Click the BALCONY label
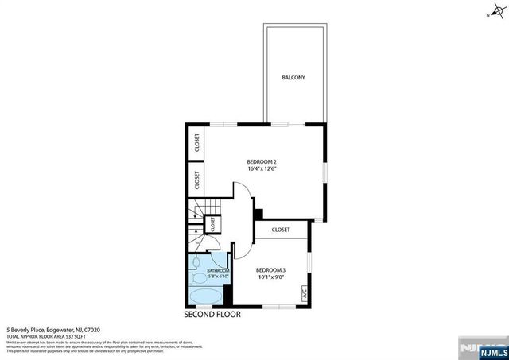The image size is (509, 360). pyautogui.click(x=293, y=78)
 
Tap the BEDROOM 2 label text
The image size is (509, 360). pyautogui.click(x=262, y=161)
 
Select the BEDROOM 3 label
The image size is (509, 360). pyautogui.click(x=271, y=270)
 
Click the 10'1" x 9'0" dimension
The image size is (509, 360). pyautogui.click(x=271, y=277)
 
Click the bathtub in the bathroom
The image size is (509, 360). pyautogui.click(x=207, y=298)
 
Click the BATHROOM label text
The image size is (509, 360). pyautogui.click(x=218, y=271)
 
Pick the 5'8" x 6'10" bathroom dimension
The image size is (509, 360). pyautogui.click(x=218, y=277)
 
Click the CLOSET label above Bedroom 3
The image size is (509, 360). pyautogui.click(x=281, y=230)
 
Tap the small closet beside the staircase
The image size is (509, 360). pyautogui.click(x=212, y=226)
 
